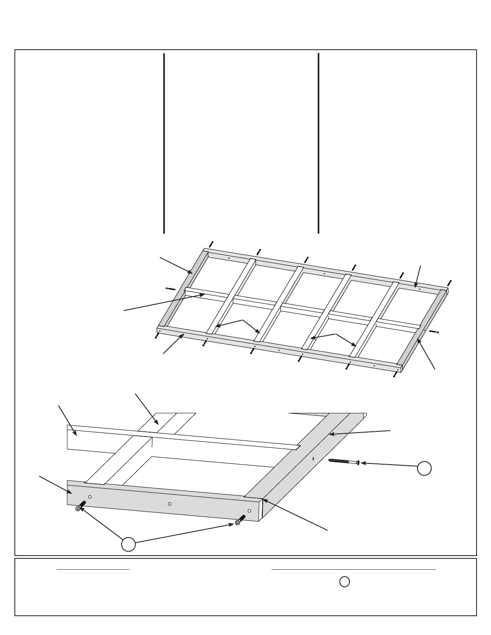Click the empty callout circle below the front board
pos(128,545)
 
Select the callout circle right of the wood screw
pos(424,468)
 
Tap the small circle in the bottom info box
pos(344,582)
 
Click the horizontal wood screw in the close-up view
pos(343,461)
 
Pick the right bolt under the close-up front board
pos(240,520)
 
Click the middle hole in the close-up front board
pos(170,504)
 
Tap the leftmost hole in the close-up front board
pos(90,497)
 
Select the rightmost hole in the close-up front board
pos(249,511)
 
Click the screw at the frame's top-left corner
pos(211,244)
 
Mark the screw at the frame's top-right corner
pos(449,283)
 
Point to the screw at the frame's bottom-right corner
pos(396,374)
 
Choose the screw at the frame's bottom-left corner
pos(156,336)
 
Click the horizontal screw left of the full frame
pos(170,289)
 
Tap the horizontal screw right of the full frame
pos(434,332)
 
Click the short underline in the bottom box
pos(93,569)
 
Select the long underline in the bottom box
pos(353,569)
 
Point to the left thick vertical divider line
pos(164,143)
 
